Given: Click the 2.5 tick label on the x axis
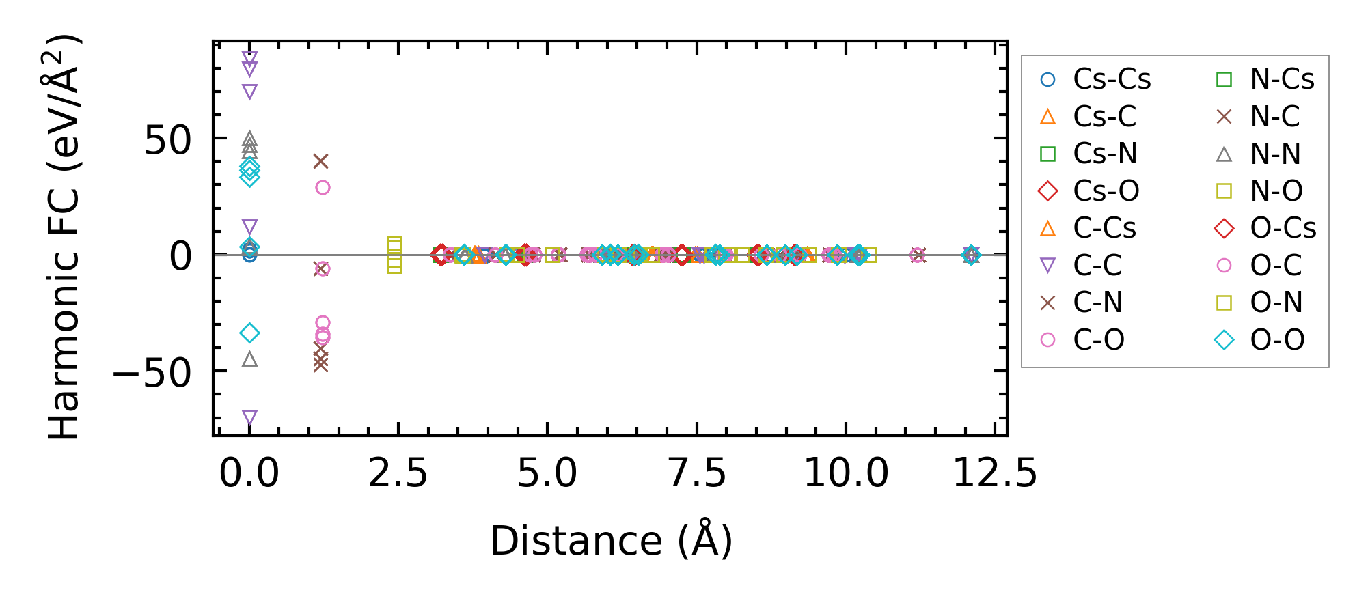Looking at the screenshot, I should click(398, 473).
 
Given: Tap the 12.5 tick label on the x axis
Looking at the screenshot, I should click(995, 473).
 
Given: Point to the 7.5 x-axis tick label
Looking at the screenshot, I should click(696, 473).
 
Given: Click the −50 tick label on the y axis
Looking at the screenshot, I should click(152, 373).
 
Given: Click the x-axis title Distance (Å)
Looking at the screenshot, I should click(611, 541).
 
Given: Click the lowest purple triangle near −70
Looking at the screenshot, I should click(249, 417).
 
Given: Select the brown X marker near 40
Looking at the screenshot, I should click(320, 161).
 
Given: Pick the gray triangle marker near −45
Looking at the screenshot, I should click(249, 359).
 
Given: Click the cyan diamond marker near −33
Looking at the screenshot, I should click(249, 333).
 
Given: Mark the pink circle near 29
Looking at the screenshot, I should click(323, 187).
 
